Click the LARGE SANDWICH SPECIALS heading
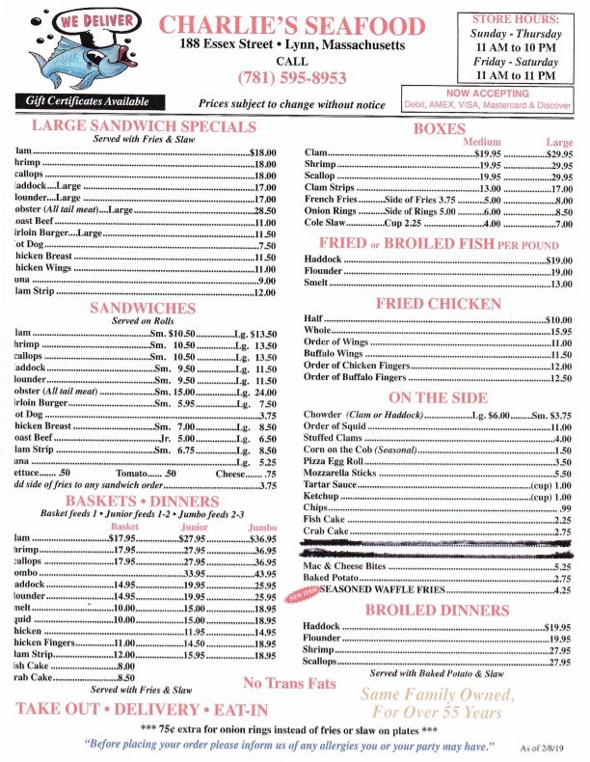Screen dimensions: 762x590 145,126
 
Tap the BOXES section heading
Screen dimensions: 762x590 439,128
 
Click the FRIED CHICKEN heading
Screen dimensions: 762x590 439,305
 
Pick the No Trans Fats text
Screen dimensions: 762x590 289,684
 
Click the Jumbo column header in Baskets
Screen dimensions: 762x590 263,528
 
